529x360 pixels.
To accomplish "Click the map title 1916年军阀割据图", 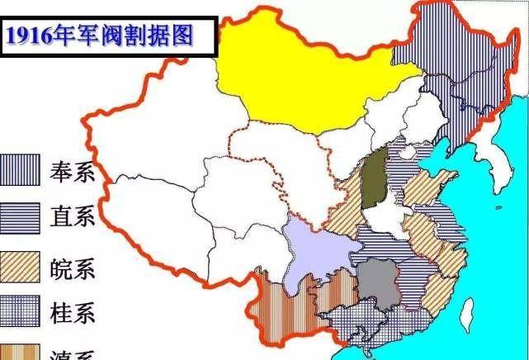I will pos(106,36).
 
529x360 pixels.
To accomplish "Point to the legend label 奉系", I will pos(73,173).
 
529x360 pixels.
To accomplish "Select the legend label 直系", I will pos(73,216).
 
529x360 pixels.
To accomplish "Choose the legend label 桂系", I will pos(73,312).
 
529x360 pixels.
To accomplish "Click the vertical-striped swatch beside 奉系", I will pos(17,170).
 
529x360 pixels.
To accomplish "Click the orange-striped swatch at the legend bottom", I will pos(17,353).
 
